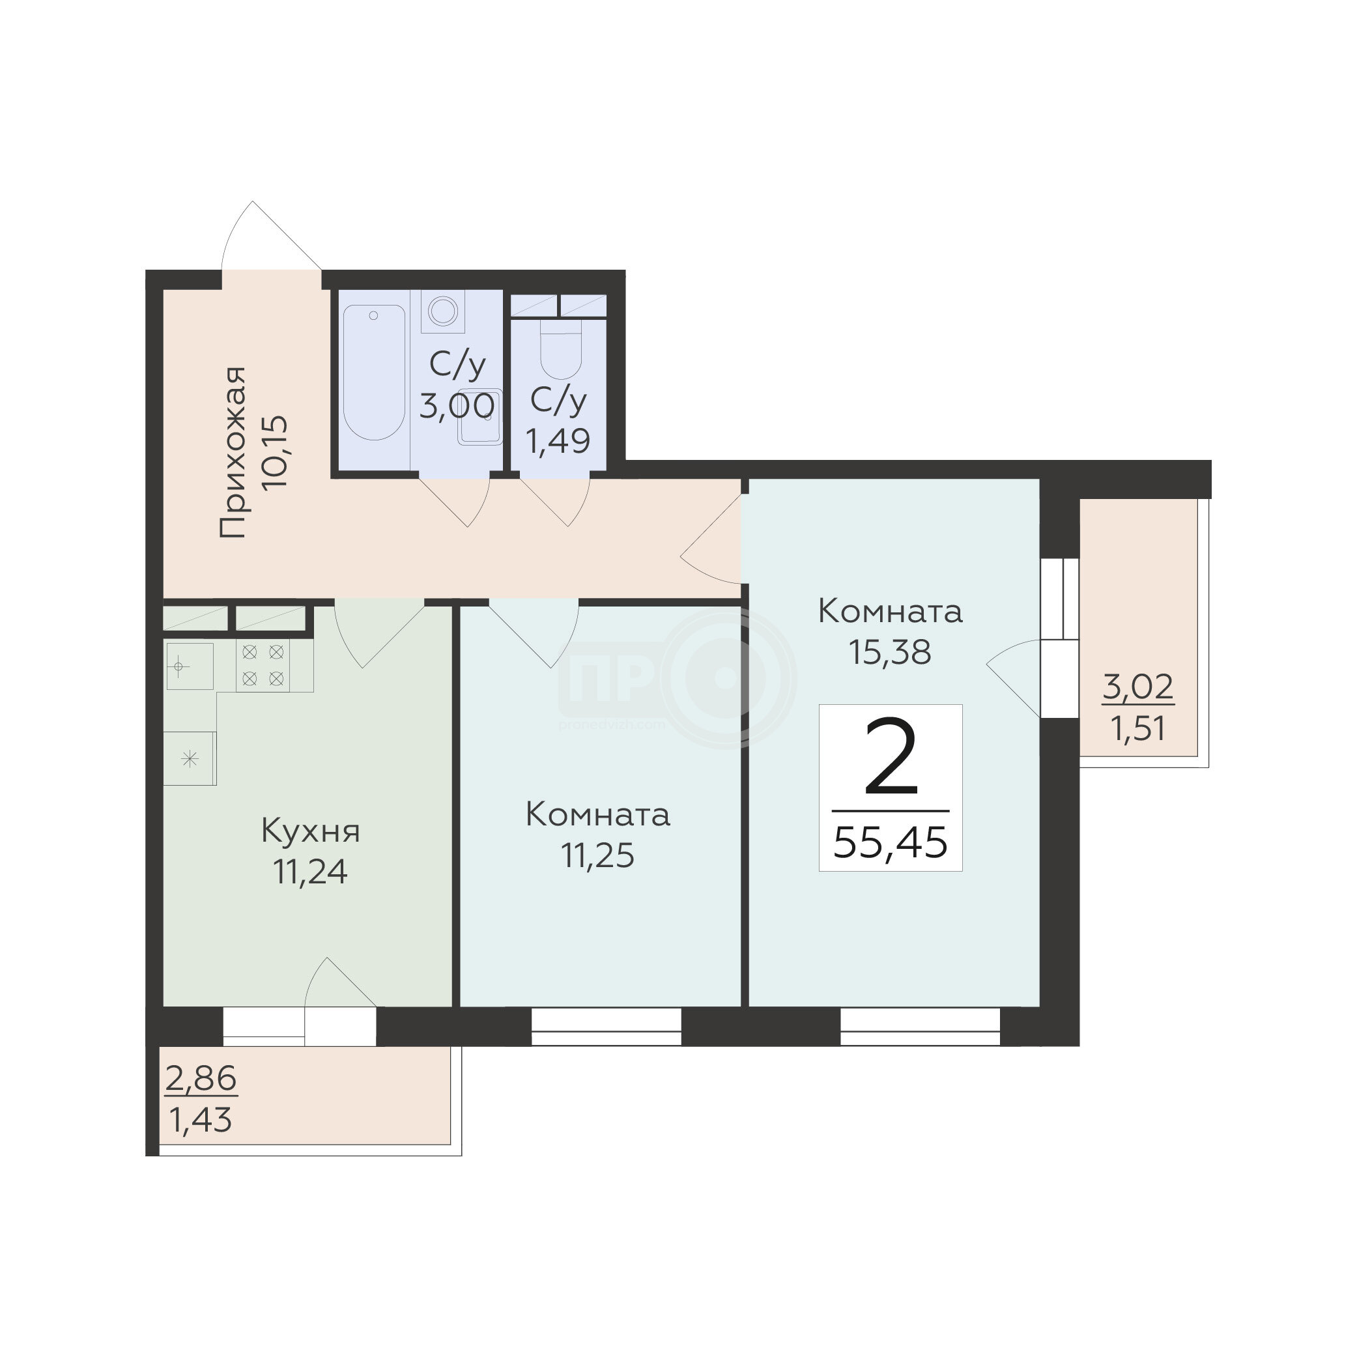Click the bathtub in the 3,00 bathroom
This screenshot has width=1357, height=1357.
tap(374, 373)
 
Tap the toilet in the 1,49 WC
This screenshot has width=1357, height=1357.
tap(560, 349)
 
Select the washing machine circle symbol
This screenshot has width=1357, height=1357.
tap(443, 311)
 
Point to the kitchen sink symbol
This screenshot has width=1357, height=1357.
tap(190, 666)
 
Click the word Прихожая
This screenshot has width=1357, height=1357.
tap(233, 452)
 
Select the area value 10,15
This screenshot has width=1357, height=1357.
tap(274, 452)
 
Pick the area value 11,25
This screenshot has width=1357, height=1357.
tap(598, 856)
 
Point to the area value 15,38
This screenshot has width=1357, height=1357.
tap(890, 653)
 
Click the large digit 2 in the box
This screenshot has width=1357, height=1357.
tap(891, 757)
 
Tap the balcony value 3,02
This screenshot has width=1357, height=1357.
tap(1138, 686)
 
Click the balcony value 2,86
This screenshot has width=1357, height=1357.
tap(201, 1078)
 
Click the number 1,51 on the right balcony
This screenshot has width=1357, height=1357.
tap(1138, 728)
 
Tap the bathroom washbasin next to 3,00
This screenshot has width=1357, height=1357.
tap(479, 416)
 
